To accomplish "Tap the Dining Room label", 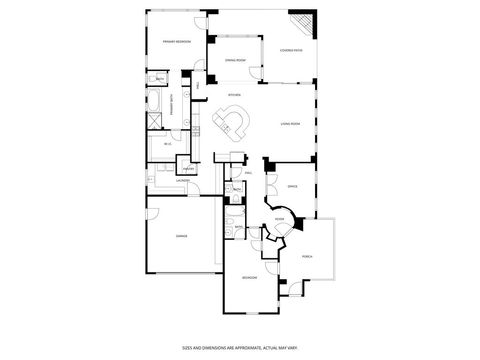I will pos(235,60).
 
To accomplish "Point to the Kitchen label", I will pos(234,96).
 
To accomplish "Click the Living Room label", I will pos(291,124).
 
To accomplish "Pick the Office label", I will pos(292,186).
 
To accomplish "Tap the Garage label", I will pos(181,236).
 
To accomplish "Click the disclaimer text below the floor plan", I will pos(240,347).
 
